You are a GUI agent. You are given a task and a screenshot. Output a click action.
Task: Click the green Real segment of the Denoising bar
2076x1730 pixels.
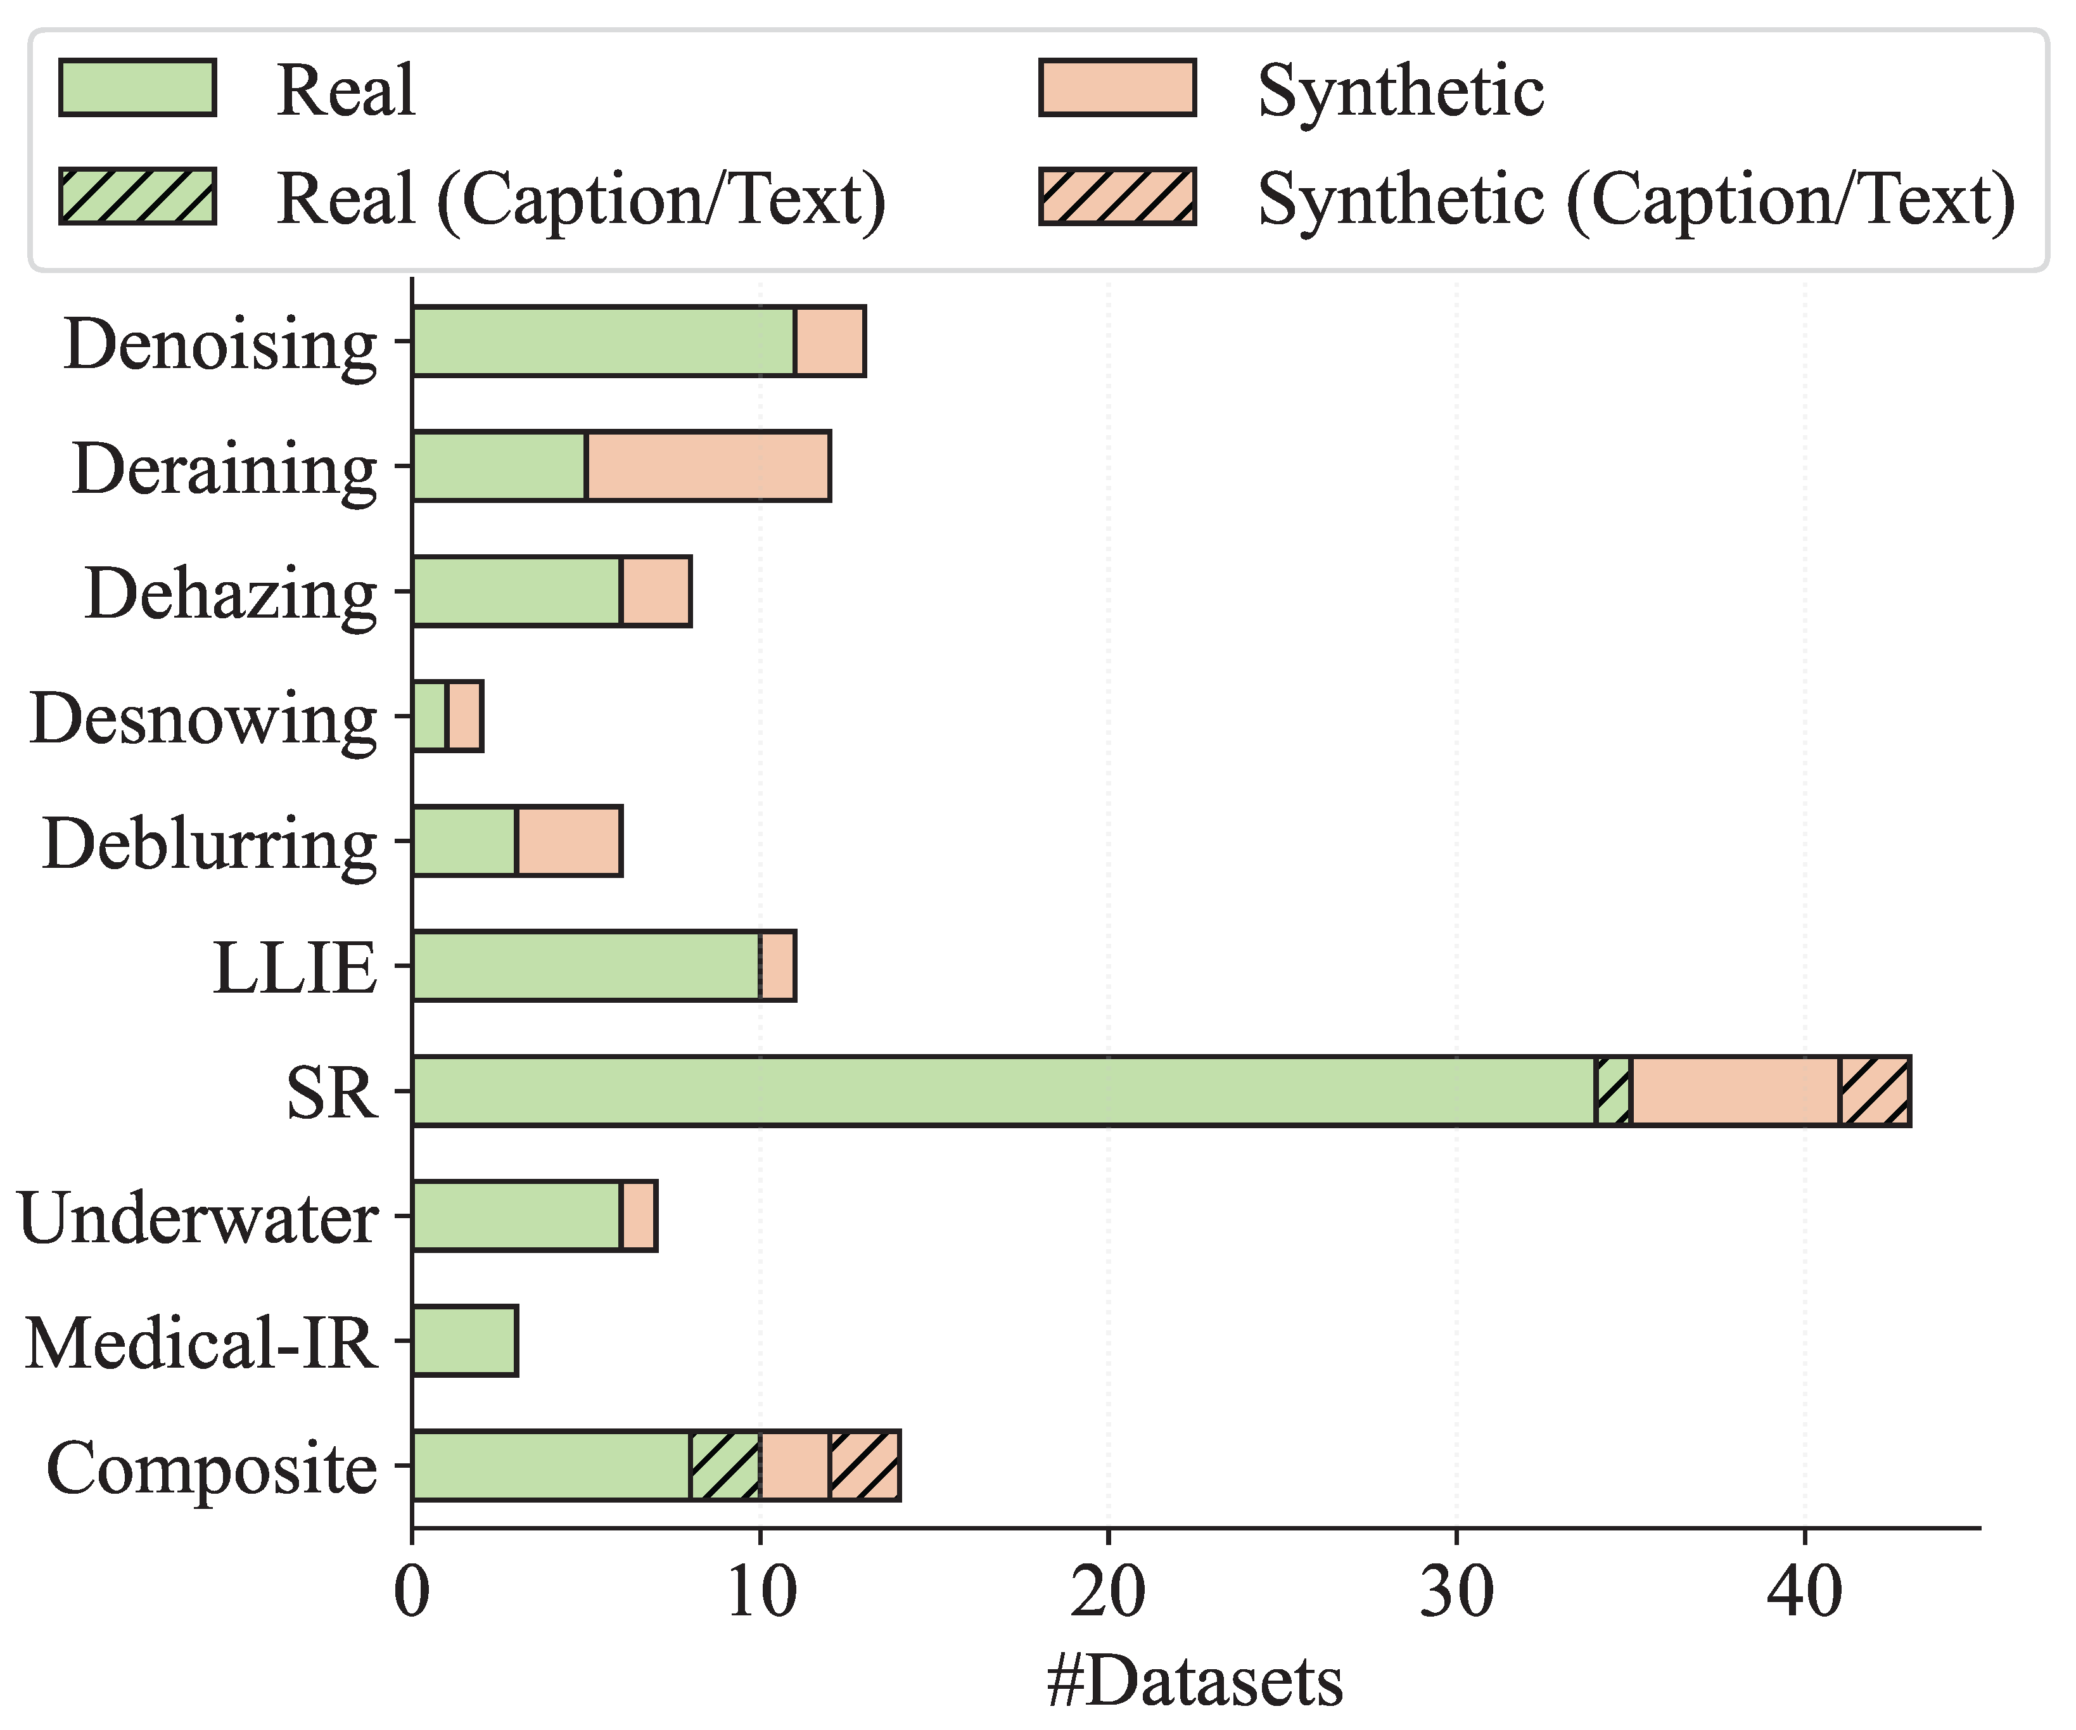tap(604, 341)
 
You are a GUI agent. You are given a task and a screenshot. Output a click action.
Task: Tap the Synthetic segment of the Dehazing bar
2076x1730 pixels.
tap(656, 591)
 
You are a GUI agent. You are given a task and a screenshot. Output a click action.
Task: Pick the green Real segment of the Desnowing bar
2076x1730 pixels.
tap(430, 716)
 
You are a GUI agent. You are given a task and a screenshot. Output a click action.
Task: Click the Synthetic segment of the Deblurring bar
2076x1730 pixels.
tap(570, 841)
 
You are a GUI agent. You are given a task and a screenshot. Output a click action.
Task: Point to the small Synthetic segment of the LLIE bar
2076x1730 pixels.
tap(778, 966)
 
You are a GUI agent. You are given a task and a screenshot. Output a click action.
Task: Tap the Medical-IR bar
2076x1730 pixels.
tap(464, 1340)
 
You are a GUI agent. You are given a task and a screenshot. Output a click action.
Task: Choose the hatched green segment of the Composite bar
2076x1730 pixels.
tap(725, 1466)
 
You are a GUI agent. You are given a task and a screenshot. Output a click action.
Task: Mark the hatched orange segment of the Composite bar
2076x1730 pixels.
tap(865, 1466)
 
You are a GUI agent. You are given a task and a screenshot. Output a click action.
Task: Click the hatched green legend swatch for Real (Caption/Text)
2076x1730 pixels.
tap(137, 197)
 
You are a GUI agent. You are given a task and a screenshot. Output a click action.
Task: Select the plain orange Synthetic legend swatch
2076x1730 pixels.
tap(1118, 88)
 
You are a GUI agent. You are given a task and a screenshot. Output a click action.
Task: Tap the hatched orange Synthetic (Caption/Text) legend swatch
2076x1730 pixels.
tap(1118, 197)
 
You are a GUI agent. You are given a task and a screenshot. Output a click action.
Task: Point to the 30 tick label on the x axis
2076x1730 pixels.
tap(1456, 1594)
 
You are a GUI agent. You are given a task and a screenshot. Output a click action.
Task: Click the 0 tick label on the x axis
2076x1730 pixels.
tap(412, 1594)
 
